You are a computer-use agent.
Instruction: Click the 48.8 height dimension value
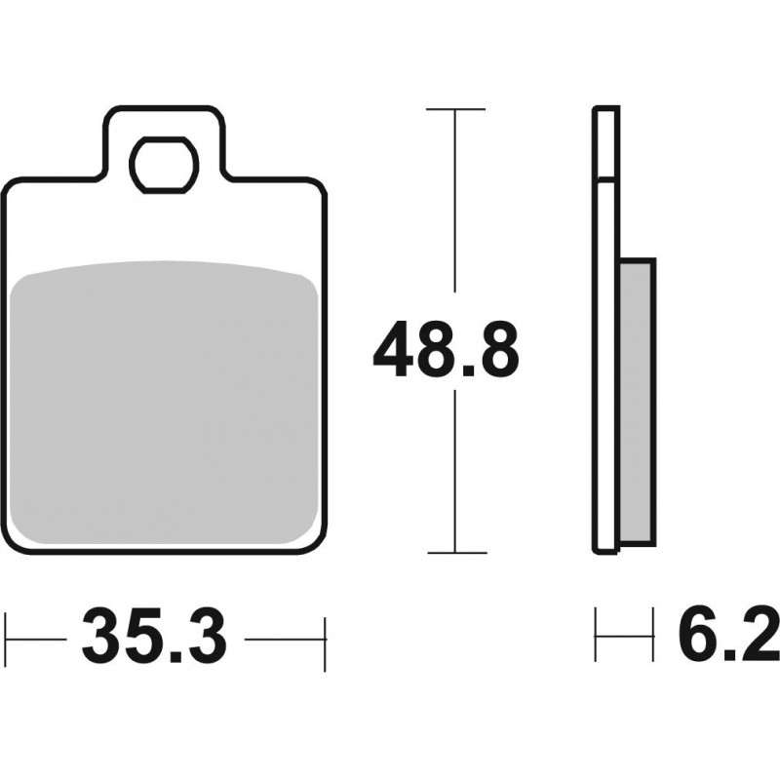447,349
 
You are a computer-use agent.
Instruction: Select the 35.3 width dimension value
154,636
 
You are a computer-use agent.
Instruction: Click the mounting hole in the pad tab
164,165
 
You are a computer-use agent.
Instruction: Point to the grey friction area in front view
164,402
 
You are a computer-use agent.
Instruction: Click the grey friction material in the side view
638,402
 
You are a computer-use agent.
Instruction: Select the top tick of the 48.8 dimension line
455,108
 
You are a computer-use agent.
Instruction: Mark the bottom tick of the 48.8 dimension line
456,552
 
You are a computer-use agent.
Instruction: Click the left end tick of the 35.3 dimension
6,639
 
